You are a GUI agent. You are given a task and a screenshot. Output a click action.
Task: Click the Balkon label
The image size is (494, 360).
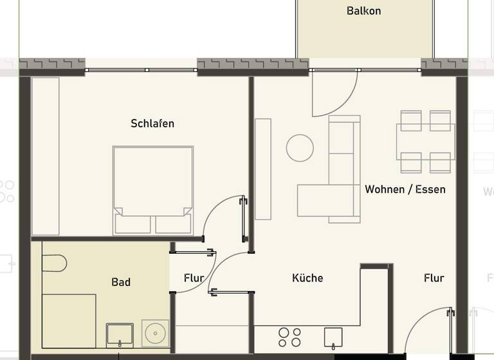[363, 11]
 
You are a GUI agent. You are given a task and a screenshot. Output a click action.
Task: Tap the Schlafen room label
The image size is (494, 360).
[152, 123]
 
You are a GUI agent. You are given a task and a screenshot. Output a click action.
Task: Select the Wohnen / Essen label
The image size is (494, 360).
[405, 190]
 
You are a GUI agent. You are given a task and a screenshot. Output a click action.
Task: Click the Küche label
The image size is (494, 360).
[307, 278]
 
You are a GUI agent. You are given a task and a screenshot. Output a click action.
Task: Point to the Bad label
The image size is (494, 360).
[121, 282]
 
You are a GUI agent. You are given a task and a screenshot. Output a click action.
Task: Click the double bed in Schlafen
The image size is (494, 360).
[153, 190]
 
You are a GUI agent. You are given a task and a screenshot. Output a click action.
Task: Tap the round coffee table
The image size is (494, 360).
[300, 148]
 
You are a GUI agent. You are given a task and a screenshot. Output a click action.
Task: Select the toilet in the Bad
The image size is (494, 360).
[54, 263]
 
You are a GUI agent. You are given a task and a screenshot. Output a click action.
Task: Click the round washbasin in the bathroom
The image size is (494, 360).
[156, 334]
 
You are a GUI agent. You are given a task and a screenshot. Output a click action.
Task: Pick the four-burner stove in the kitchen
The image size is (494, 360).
[289, 337]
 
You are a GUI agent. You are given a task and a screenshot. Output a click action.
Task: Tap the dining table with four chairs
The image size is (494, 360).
[425, 141]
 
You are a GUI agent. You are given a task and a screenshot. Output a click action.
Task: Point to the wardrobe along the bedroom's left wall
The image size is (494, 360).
[45, 156]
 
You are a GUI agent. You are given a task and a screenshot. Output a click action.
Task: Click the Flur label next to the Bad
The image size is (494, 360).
[194, 278]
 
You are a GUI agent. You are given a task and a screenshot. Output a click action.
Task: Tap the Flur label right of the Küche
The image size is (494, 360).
[434, 278]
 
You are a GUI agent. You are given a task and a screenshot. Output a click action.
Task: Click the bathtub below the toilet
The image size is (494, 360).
[69, 321]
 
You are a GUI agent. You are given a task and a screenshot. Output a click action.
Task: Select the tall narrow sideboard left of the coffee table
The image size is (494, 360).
[263, 169]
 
